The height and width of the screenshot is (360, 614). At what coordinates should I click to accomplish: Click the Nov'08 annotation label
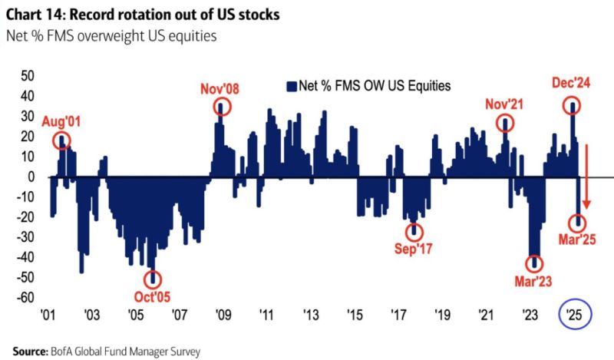221,88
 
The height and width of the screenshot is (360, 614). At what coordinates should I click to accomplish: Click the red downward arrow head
586,204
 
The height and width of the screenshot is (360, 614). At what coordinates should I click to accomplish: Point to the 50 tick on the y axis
28,76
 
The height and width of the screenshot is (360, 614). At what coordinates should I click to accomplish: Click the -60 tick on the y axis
25,297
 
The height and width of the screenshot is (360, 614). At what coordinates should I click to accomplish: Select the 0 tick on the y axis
31,177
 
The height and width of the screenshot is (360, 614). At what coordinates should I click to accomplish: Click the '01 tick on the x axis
47,315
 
